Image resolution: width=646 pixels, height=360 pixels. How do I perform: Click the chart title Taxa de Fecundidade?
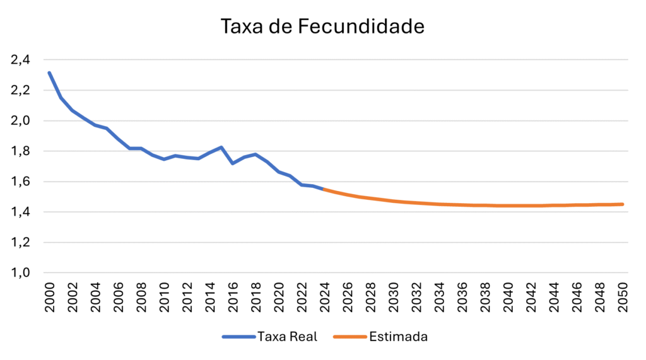click(322, 26)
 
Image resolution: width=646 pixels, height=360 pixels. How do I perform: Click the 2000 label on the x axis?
click(50, 294)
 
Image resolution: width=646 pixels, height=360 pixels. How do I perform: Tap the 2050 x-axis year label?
click(623, 294)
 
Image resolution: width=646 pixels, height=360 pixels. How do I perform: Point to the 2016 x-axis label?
click(233, 294)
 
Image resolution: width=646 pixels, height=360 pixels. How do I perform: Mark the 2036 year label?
click(462, 294)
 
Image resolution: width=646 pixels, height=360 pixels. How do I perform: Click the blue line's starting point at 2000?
click(49, 73)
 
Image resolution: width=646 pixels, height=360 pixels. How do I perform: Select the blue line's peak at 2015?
click(221, 147)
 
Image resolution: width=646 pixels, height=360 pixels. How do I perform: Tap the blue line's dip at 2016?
click(233, 163)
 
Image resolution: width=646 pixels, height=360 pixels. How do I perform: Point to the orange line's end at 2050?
click(623, 204)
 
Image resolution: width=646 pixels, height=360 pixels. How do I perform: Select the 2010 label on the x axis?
click(165, 294)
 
